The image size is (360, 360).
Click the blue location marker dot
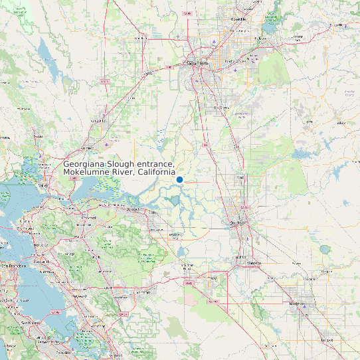click(x=179, y=179)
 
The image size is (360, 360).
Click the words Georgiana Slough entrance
click(x=119, y=164)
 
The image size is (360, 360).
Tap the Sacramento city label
click(x=196, y=64)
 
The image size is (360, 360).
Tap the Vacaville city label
click(x=99, y=121)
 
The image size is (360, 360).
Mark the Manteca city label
click(x=254, y=263)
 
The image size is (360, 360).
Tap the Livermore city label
click(x=143, y=292)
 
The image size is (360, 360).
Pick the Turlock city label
click(x=327, y=339)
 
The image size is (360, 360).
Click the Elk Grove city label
click(x=221, y=106)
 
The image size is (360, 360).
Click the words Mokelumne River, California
click(x=119, y=173)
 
